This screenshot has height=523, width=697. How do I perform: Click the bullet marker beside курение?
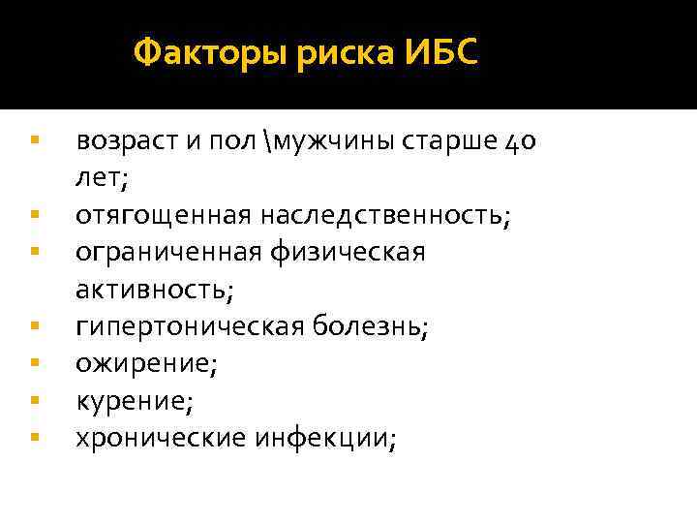[34, 398]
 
